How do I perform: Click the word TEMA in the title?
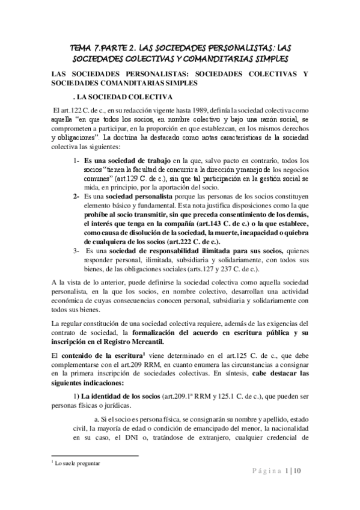(x=82, y=47)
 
